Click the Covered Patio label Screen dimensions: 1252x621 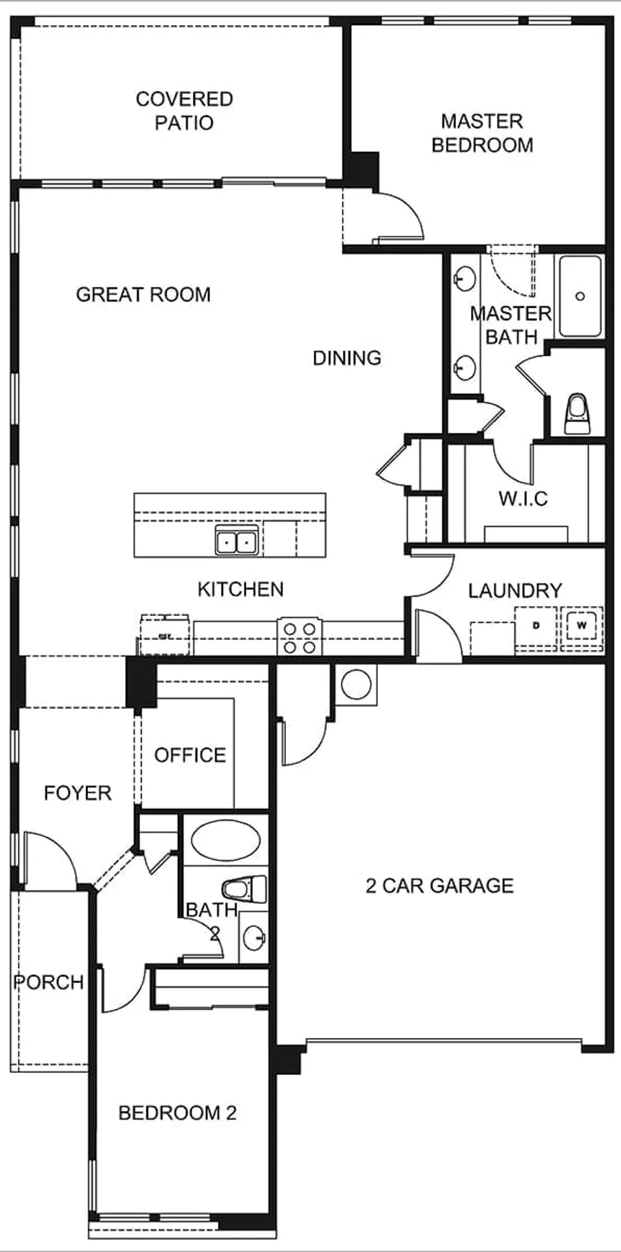[x=184, y=111]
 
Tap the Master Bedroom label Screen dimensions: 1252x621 [x=482, y=133]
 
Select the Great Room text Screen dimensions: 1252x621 [x=143, y=294]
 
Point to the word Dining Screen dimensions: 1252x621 [x=347, y=358]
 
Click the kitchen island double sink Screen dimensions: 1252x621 [x=237, y=540]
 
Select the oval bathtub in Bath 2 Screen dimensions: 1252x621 [x=225, y=840]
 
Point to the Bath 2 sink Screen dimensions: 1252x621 [x=254, y=938]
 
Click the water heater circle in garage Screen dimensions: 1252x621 [x=356, y=683]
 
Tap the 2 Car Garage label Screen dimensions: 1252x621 [x=440, y=886]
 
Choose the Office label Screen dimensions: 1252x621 [x=190, y=755]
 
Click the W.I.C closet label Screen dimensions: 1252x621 [x=523, y=498]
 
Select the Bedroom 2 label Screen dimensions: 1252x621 [x=177, y=1112]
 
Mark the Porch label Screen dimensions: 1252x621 [x=49, y=982]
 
